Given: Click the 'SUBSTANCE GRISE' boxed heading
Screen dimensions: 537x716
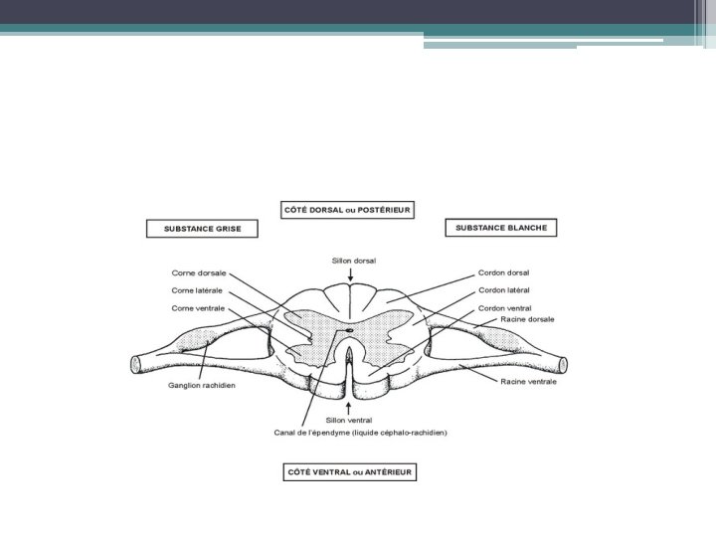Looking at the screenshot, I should [x=202, y=229].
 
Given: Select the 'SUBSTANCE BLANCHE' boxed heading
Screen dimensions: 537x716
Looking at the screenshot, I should [x=500, y=228].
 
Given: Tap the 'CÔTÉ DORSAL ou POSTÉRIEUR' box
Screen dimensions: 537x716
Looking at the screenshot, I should [x=347, y=210].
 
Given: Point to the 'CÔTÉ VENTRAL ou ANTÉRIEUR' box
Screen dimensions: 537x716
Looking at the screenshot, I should [x=348, y=472].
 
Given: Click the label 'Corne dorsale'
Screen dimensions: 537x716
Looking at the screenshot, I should [x=199, y=271].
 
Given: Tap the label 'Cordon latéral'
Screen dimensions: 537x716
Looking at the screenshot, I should [x=504, y=289].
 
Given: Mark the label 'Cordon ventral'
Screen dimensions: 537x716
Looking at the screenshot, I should [x=504, y=308].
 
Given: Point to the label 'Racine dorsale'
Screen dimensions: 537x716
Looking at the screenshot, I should [x=528, y=319].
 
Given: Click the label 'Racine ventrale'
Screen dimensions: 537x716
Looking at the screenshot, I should [x=530, y=381].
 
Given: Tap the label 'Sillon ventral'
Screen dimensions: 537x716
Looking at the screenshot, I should [x=348, y=420].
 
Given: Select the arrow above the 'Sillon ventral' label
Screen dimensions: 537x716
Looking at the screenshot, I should [x=348, y=408].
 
